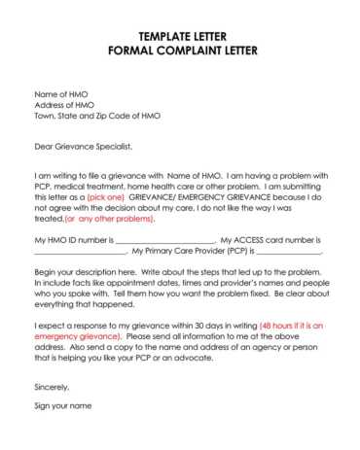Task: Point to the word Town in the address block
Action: (x=46, y=116)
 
